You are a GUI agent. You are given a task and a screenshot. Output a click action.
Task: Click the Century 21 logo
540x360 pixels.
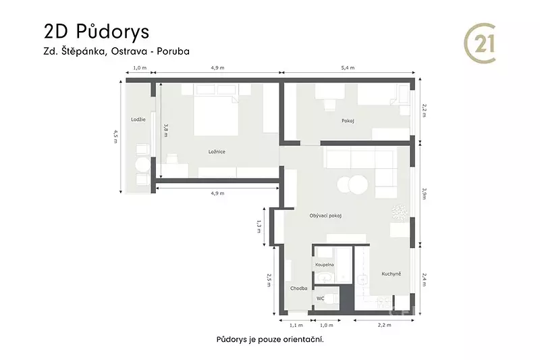480,43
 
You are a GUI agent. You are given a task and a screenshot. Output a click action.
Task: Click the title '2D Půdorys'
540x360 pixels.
97,32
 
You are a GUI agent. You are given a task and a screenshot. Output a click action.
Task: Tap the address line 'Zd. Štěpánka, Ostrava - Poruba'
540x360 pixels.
116,51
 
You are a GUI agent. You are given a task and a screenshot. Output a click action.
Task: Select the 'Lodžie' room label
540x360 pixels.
138,120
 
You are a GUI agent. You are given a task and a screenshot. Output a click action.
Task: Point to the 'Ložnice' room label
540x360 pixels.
217,151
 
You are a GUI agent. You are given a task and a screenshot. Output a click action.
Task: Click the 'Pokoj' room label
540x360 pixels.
348,121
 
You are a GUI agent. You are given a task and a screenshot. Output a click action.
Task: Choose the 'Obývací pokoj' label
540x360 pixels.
325,216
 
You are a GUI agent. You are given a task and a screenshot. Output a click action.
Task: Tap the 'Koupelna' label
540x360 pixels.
325,265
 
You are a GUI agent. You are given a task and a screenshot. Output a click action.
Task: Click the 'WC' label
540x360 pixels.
320,299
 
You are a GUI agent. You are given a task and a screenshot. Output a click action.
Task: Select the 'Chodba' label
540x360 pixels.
298,288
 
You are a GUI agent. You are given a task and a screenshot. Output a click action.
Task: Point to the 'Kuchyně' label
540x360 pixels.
391,274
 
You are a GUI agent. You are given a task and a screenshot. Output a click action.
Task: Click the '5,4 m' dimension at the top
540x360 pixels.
348,68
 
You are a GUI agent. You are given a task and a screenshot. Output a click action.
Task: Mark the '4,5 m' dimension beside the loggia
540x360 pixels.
115,136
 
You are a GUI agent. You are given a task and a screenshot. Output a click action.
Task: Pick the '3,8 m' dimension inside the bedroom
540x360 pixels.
165,130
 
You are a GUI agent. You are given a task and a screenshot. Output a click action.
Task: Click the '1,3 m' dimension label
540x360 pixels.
259,226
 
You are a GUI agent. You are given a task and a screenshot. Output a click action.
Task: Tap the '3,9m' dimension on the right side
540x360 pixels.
425,194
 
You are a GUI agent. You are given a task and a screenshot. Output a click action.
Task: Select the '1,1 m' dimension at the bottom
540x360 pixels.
296,325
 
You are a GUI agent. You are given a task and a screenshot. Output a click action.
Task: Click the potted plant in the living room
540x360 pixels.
400,212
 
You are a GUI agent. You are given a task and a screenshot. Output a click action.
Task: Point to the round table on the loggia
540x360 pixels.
142,165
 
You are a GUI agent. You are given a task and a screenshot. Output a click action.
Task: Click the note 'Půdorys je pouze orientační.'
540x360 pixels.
271,340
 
